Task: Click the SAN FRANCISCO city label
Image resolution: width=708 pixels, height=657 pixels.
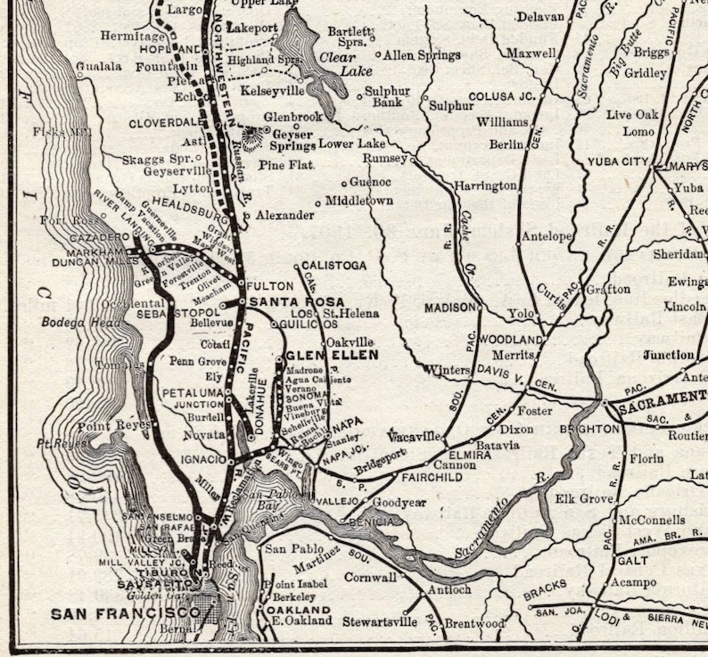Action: (125, 613)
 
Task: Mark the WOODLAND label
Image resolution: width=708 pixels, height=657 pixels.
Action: (511, 340)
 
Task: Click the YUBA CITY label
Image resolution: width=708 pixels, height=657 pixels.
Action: (616, 161)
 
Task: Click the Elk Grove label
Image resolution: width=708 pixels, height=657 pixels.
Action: (584, 498)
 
